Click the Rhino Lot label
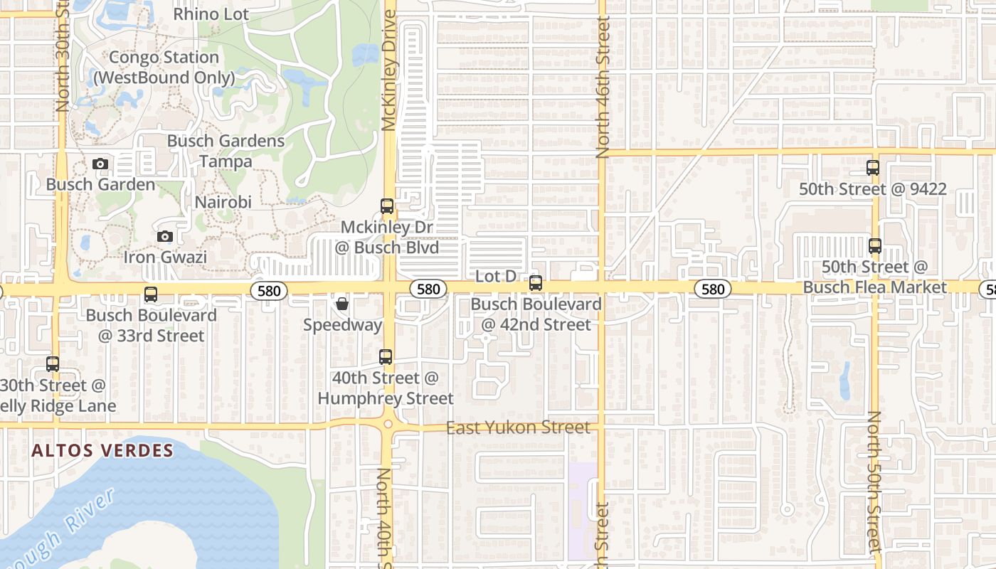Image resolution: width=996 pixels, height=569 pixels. click(211, 14)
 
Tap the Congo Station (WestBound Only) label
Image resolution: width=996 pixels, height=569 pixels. click(164, 68)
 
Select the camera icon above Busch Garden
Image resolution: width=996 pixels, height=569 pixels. click(100, 164)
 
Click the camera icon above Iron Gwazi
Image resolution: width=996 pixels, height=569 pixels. click(165, 236)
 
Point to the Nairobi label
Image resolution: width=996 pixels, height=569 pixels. click(223, 202)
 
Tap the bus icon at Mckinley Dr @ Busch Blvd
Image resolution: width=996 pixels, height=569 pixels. click(387, 206)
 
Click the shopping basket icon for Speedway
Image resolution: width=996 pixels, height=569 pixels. click(342, 304)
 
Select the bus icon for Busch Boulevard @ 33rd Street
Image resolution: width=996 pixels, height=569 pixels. click(151, 294)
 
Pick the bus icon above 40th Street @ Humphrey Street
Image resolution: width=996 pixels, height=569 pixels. click(386, 356)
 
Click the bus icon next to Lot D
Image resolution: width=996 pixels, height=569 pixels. click(536, 283)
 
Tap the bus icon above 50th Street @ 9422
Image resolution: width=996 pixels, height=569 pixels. click(873, 168)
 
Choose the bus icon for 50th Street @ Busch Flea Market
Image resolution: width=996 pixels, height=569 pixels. click(875, 246)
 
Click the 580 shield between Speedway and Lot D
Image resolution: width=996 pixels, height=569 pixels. click(428, 289)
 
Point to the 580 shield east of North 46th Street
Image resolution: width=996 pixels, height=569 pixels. click(712, 289)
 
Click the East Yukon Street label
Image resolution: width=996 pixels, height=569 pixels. click(518, 427)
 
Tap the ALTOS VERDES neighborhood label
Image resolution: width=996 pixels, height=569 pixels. click(103, 450)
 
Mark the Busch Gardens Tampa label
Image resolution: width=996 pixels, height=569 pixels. click(226, 151)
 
